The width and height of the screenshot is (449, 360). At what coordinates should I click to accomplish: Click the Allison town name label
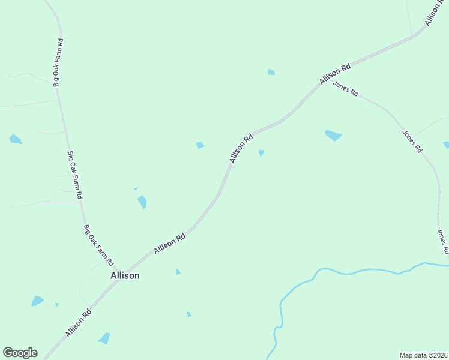[125, 275]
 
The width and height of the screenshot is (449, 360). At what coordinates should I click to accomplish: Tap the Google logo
[20, 353]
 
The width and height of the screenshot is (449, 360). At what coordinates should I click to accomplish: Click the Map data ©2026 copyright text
[423, 355]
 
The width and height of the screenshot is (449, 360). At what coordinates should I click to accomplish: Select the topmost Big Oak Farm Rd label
[58, 62]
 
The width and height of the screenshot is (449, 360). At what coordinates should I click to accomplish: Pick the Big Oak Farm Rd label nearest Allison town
[98, 245]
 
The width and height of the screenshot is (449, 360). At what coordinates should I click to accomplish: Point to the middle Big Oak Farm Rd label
[75, 175]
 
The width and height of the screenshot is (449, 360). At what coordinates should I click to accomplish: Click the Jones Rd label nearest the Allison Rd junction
[346, 90]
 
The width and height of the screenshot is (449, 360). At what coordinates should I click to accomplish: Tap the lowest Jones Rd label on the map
[443, 241]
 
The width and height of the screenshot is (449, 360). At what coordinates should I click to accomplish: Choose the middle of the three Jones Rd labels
[412, 142]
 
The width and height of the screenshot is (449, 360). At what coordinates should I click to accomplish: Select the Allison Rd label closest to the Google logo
[79, 323]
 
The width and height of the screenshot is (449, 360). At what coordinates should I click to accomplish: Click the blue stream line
[360, 271]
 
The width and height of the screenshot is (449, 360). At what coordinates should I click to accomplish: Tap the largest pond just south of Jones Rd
[333, 135]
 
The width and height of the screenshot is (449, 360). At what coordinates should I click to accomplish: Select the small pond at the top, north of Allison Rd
[271, 73]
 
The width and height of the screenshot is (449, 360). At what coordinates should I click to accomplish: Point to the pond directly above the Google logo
[37, 301]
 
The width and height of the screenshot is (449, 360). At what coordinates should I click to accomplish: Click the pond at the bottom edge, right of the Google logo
[104, 338]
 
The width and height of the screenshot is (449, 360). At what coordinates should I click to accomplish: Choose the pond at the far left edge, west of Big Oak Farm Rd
[15, 140]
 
